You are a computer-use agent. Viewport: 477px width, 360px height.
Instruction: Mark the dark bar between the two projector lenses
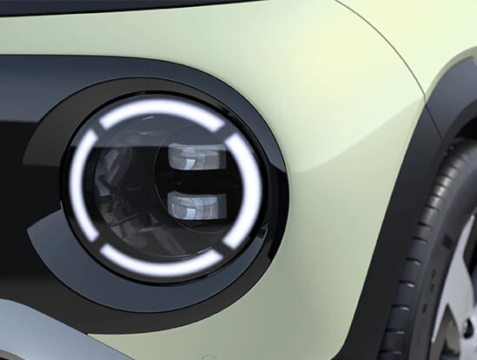point(195,181)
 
